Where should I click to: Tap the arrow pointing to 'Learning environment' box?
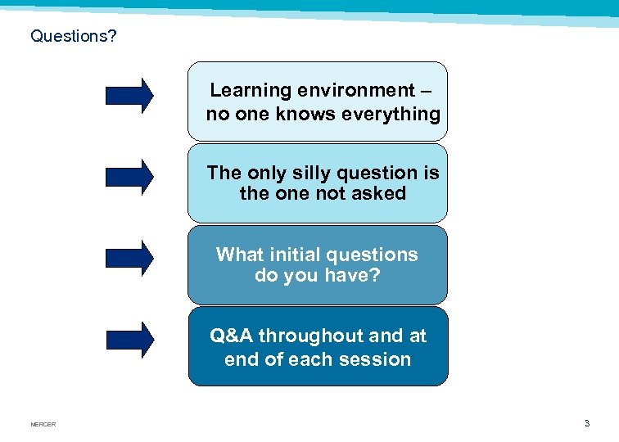pos(129,95)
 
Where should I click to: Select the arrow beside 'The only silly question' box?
pos(129,176)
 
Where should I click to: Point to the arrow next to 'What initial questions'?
pos(129,257)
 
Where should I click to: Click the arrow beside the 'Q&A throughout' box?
pos(129,339)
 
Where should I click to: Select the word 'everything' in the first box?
pos(392,114)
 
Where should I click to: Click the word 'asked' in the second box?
pos(378,194)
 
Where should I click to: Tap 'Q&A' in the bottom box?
pos(232,336)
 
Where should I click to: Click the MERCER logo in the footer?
pos(43,424)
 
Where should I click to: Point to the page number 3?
pos(586,423)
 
